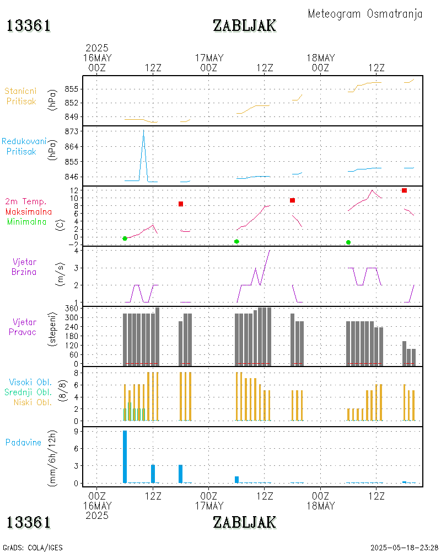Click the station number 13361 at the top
point(29,26)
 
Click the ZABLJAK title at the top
point(244,26)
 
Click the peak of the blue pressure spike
point(143,130)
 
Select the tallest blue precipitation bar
point(125,457)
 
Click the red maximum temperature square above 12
point(404,190)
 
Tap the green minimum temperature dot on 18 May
point(348,242)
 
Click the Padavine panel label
point(23,442)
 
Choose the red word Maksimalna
point(29,211)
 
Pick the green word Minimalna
point(27,222)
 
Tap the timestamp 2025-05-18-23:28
point(404,548)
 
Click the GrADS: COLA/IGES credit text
point(33,548)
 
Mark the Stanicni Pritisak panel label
point(22,96)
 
